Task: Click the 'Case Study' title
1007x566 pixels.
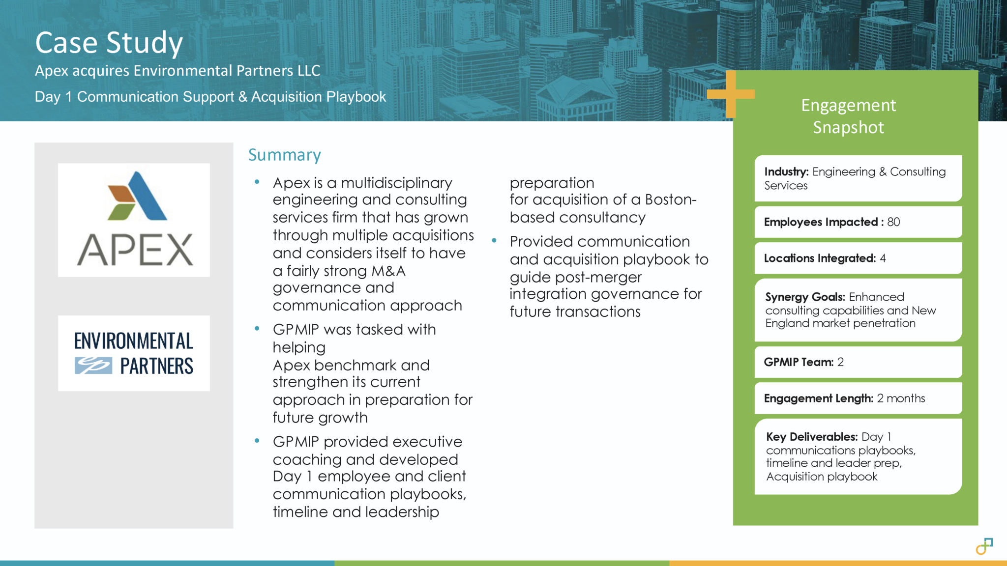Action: click(109, 43)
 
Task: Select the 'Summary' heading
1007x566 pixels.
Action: click(284, 155)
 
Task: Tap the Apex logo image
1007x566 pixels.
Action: click(134, 220)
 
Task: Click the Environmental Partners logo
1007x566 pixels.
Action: click(134, 353)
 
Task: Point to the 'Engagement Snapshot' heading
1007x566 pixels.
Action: click(848, 116)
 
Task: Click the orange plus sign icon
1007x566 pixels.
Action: click(731, 94)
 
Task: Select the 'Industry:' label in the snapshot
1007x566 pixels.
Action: click(786, 171)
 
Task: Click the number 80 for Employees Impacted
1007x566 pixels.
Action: click(893, 222)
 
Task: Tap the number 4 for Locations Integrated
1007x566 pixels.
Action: click(883, 258)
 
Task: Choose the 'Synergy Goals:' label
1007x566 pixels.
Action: click(804, 297)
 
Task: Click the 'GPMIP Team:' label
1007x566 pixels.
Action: click(798, 362)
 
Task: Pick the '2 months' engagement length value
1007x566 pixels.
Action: click(901, 398)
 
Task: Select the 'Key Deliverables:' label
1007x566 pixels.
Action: click(811, 437)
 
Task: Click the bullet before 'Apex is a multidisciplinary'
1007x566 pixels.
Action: click(257, 182)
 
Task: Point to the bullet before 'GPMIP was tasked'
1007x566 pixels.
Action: click(257, 329)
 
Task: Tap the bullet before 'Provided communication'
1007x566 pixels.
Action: click(494, 241)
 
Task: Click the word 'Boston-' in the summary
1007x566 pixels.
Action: click(671, 200)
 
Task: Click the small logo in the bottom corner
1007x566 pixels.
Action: click(984, 546)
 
